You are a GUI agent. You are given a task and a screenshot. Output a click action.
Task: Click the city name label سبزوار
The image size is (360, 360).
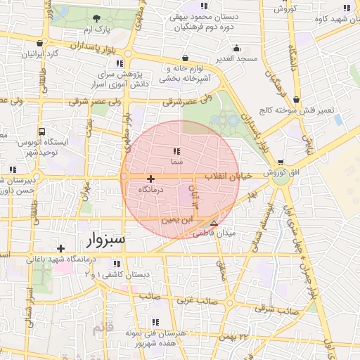(105, 240)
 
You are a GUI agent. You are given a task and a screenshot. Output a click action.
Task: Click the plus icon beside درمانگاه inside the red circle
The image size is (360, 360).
(150, 180)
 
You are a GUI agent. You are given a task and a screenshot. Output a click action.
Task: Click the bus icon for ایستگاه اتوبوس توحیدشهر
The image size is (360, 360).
(42, 131)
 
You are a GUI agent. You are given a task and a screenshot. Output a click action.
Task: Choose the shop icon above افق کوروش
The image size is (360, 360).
(281, 162)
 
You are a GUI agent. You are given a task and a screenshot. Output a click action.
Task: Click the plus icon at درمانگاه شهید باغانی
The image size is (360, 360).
(61, 248)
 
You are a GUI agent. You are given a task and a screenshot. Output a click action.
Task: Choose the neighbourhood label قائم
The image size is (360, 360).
(103, 328)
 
